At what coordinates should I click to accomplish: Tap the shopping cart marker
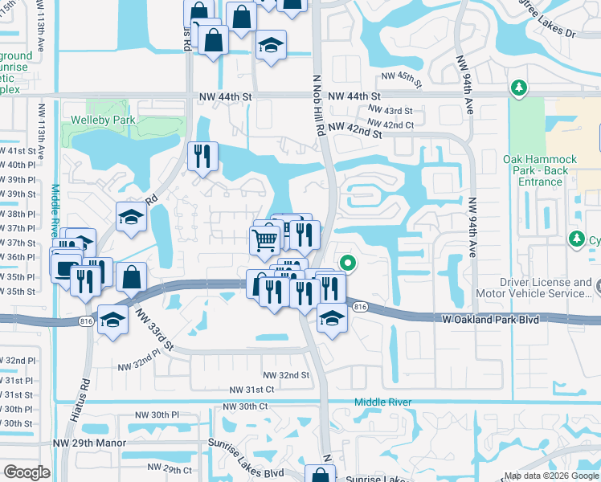tap(265, 239)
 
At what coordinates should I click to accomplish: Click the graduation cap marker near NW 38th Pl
tap(131, 217)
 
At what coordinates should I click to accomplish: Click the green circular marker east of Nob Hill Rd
tap(347, 263)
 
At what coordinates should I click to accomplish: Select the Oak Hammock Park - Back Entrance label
tap(535, 170)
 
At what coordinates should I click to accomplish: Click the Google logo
tap(27, 472)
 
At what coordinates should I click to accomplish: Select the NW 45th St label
tap(402, 77)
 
